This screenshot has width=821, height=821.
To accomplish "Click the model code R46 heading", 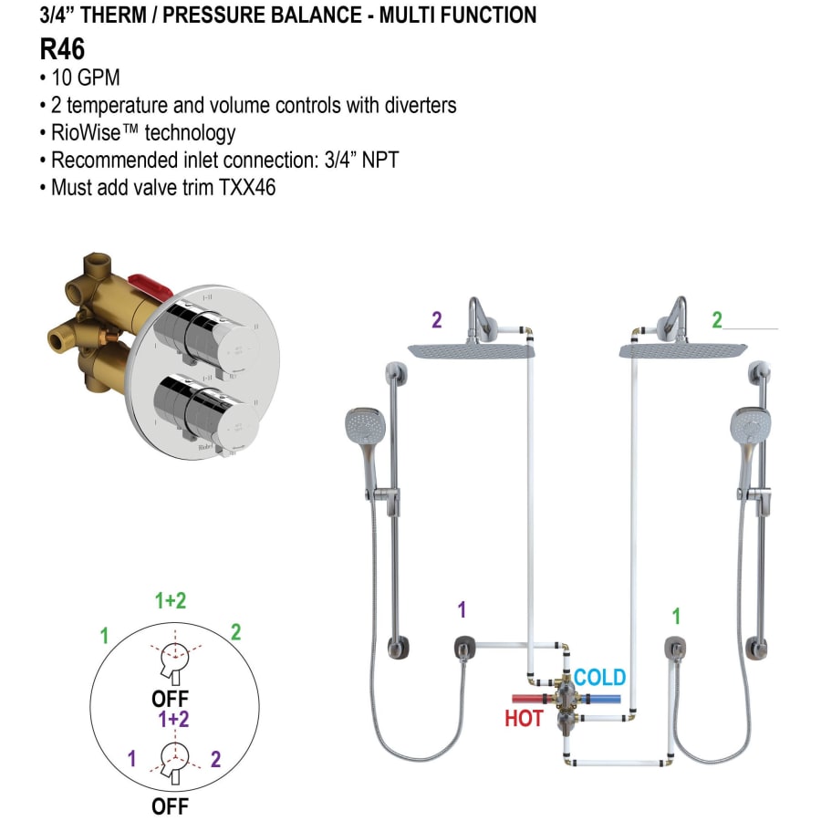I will click(x=62, y=48).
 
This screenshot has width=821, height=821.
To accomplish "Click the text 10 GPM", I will click(x=87, y=78).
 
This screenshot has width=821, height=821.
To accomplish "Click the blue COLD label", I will click(x=599, y=678).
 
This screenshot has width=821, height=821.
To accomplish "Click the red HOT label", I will click(x=524, y=719).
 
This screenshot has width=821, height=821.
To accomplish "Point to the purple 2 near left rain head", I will click(x=437, y=320).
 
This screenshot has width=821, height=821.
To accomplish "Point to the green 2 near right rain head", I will click(x=717, y=320).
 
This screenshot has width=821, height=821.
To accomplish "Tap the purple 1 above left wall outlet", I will click(x=462, y=609).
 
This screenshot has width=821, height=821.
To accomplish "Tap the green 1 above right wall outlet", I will click(x=676, y=617).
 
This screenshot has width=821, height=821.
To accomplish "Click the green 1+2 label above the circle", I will click(x=171, y=601).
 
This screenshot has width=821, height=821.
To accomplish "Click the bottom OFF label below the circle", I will click(x=171, y=806).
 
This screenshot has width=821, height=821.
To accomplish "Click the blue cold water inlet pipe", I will click(x=606, y=700).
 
